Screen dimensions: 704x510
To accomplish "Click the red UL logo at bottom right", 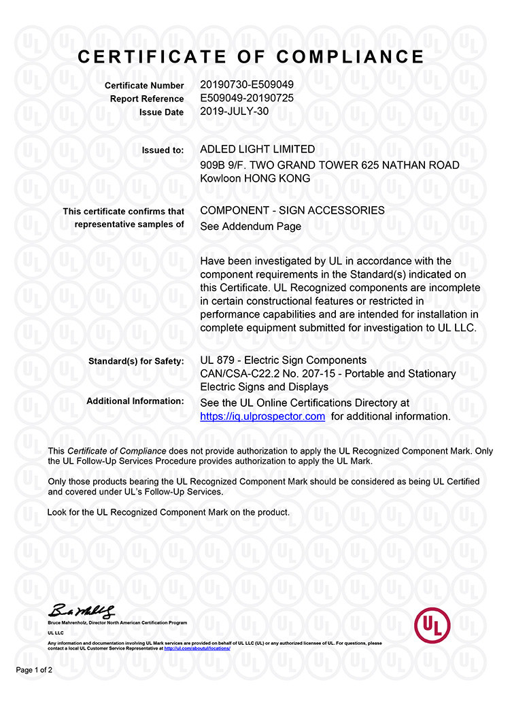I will (x=433, y=624).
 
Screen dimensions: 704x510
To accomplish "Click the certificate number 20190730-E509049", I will (x=247, y=85).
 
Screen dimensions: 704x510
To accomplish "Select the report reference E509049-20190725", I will (x=247, y=99).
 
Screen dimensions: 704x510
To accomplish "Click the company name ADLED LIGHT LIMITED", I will (x=258, y=149).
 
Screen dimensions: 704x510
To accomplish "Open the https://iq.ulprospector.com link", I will (x=262, y=416).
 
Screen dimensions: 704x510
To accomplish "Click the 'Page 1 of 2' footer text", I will (x=34, y=670).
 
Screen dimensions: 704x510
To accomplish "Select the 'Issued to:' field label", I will (x=163, y=150).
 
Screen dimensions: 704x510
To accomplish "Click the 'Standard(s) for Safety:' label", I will (x=136, y=361).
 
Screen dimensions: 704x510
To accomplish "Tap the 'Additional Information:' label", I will (x=135, y=401).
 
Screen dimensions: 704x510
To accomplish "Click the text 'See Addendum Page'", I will (x=251, y=227).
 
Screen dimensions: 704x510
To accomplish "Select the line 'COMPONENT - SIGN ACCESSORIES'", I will (x=292, y=210).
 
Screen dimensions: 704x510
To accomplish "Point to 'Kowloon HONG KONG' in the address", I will (x=255, y=178).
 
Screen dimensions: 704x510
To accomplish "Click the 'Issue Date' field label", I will (x=161, y=112).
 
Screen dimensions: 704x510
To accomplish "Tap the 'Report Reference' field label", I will (x=147, y=99).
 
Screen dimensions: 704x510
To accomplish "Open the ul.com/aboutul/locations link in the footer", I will (x=197, y=648).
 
